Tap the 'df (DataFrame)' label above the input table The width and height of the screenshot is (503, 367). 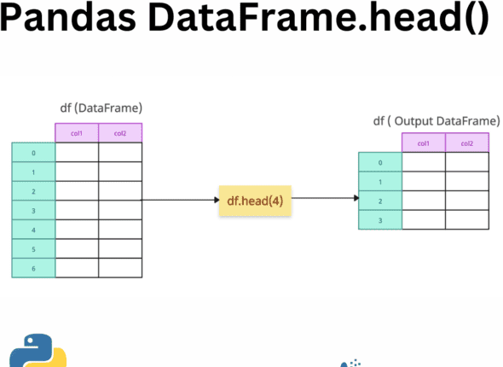99,108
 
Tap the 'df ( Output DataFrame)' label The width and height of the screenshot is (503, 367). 436,120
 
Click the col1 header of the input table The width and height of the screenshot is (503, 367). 77,133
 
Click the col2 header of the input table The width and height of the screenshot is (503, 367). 120,133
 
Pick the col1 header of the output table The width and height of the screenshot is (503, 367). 423,143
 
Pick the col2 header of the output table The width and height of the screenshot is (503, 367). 466,143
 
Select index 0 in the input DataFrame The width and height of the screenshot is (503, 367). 33,153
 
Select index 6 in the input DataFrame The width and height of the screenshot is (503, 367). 33,268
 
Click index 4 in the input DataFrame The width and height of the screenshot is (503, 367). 33,230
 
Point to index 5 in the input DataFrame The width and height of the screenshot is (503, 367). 33,249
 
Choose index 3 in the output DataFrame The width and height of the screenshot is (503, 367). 379,219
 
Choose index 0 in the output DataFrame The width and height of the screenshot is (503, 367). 379,162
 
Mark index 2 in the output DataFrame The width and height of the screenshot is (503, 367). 379,201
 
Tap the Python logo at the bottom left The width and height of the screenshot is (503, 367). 38,351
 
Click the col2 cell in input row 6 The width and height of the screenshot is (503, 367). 120,268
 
